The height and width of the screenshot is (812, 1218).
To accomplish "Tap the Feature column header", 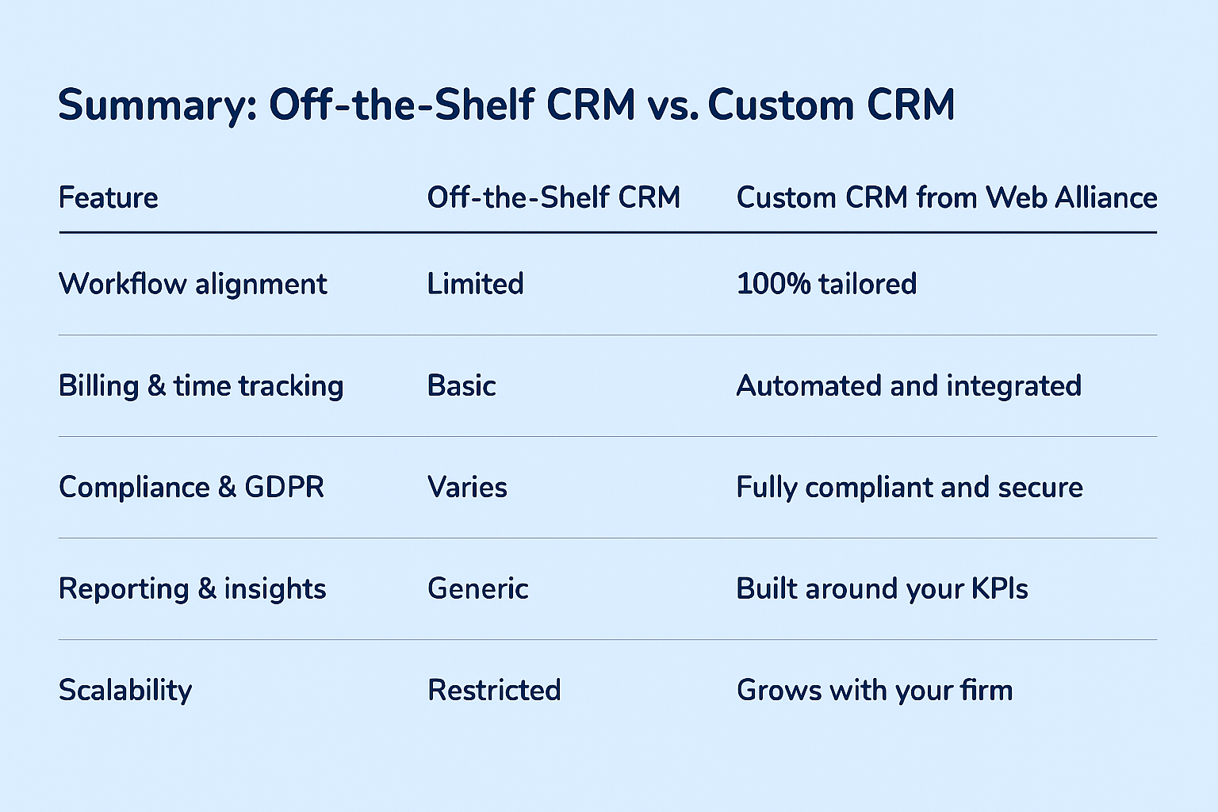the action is [x=108, y=197].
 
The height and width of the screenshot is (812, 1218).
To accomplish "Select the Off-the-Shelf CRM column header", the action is [x=553, y=197].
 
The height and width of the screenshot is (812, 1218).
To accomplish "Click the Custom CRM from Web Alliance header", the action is [x=947, y=197].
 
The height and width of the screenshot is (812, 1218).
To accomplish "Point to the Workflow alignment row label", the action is [x=193, y=284].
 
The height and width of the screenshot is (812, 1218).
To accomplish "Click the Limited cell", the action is [x=475, y=284].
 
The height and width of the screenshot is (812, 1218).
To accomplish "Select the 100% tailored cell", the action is [x=826, y=284].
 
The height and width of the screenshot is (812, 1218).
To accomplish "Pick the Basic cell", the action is [x=462, y=385].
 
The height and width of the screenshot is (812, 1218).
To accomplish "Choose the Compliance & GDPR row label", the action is [x=191, y=488].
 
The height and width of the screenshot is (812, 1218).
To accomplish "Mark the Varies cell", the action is [x=467, y=488].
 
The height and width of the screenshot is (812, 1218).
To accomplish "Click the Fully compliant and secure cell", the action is [x=910, y=488].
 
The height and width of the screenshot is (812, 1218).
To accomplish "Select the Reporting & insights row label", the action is [x=193, y=589].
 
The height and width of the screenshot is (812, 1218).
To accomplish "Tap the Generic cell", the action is [x=478, y=588].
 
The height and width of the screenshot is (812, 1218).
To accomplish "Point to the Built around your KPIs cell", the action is [x=883, y=589].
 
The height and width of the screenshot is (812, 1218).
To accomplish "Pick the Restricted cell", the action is [x=494, y=690].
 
